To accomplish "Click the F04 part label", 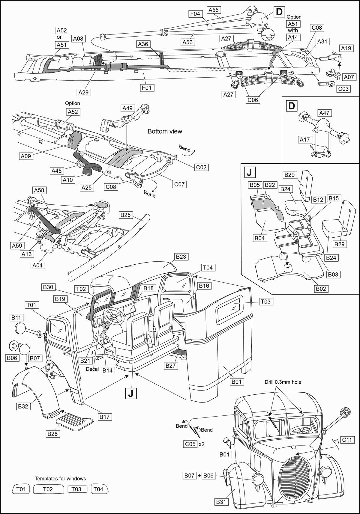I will click(x=195, y=14).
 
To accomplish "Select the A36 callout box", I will click(x=143, y=44).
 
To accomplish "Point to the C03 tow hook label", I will click(x=343, y=89).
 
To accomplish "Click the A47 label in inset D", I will click(x=324, y=113).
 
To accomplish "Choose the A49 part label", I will click(x=128, y=108).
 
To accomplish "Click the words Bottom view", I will click(x=165, y=131).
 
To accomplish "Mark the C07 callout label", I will click(x=179, y=184).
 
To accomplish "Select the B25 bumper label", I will click(x=126, y=215).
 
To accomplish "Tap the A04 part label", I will click(x=37, y=265).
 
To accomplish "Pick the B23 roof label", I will click(x=181, y=257).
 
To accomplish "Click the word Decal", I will click(x=92, y=369).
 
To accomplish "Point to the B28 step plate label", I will click(x=52, y=434).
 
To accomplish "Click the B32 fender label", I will click(x=23, y=406).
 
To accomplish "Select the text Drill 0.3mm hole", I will click(x=283, y=382).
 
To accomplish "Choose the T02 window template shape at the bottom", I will click(x=48, y=489).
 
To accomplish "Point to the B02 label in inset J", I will click(x=320, y=289).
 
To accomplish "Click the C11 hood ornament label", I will click(x=347, y=440).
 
